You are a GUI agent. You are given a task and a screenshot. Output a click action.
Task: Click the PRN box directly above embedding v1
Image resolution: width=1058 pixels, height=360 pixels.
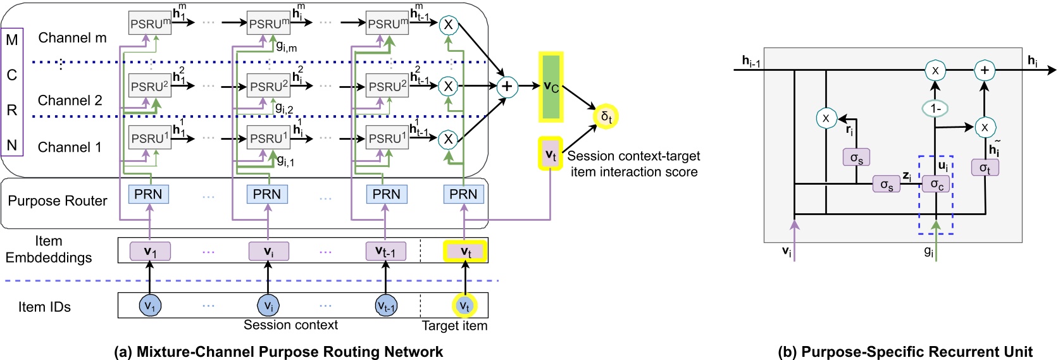pyautogui.click(x=148, y=194)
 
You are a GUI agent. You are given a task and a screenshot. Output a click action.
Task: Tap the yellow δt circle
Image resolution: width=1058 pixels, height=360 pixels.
pyautogui.click(x=606, y=117)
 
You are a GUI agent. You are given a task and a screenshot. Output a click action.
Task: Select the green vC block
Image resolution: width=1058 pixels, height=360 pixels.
pyautogui.click(x=551, y=87)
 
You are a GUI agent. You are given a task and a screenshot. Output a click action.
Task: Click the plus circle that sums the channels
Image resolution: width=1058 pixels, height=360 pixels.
pyautogui.click(x=506, y=87)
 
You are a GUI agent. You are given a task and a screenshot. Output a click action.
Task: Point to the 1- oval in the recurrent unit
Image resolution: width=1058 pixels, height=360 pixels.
pyautogui.click(x=935, y=109)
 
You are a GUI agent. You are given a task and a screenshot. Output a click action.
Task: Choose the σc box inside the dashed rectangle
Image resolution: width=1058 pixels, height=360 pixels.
pyautogui.click(x=936, y=184)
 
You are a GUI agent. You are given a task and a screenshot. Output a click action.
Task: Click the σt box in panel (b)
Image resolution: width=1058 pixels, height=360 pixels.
pyautogui.click(x=985, y=168)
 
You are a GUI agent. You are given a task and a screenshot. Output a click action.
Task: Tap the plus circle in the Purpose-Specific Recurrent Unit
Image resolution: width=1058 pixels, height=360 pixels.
pyautogui.click(x=984, y=70)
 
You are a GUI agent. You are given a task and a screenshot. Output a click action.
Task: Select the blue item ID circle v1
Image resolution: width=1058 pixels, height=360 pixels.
pyautogui.click(x=149, y=306)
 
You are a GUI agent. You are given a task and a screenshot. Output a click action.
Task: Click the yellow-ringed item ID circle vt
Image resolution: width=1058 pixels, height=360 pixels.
pyautogui.click(x=464, y=306)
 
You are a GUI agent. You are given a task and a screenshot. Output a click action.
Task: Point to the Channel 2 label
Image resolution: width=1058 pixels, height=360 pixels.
pyautogui.click(x=70, y=101)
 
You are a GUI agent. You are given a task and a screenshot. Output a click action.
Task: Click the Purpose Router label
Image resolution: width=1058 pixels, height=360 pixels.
pyautogui.click(x=58, y=201)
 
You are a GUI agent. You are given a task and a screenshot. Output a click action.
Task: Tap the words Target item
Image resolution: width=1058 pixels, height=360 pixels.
pyautogui.click(x=454, y=326)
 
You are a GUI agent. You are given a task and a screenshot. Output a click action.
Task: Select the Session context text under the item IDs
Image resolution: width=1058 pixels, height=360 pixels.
pyautogui.click(x=290, y=325)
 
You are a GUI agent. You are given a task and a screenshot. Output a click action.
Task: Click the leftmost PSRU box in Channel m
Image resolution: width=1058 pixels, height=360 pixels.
pyautogui.click(x=150, y=23)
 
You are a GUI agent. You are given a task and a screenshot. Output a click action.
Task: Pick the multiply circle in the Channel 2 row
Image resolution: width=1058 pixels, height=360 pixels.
pyautogui.click(x=448, y=86)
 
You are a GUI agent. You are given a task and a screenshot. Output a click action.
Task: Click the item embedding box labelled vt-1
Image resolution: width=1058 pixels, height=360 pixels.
pyautogui.click(x=386, y=251)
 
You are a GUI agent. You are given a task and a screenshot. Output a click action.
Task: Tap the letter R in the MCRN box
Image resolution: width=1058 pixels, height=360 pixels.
pyautogui.click(x=12, y=110)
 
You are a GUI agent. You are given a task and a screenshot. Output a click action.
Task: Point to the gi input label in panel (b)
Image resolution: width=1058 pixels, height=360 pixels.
pyautogui.click(x=928, y=251)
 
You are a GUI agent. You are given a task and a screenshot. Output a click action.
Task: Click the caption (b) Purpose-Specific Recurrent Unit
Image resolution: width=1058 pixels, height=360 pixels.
pyautogui.click(x=905, y=352)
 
